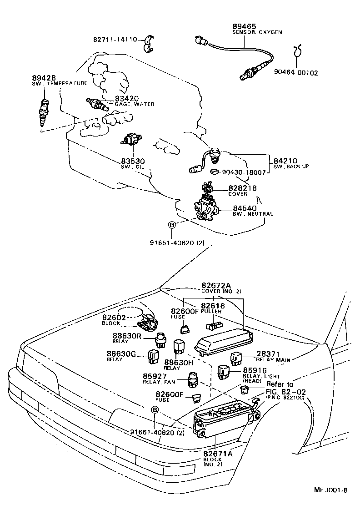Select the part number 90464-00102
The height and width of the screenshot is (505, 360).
tap(296, 72)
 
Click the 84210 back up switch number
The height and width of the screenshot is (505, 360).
tap(285, 161)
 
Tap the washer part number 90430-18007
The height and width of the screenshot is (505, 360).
tap(244, 172)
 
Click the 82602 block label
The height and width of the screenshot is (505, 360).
tap(114, 318)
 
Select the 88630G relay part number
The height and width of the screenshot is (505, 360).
tap(121, 353)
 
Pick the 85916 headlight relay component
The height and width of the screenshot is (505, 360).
tap(224, 371)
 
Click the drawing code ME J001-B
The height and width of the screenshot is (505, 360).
tap(330, 490)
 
